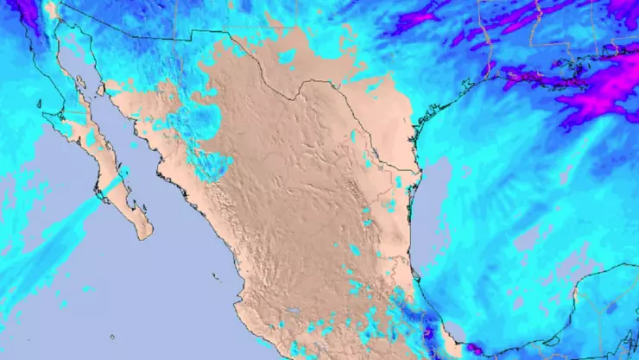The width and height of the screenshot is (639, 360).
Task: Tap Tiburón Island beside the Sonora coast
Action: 101,89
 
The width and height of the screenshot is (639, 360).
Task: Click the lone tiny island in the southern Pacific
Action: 112,337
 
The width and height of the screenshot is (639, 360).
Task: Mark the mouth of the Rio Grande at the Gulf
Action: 421,170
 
